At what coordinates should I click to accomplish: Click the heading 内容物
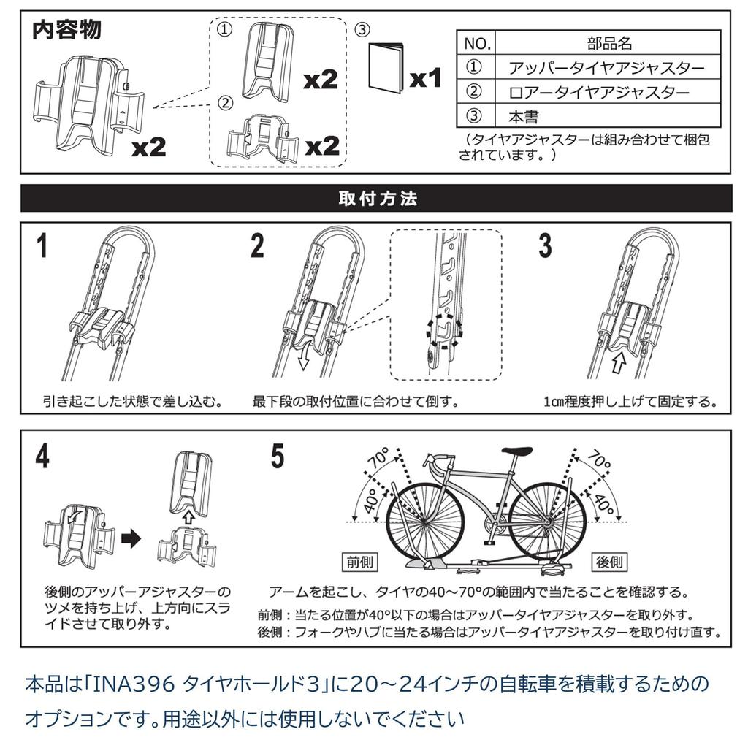[x=67, y=31]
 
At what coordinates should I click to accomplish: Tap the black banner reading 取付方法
[x=377, y=198]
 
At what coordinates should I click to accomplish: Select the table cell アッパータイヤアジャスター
[x=606, y=68]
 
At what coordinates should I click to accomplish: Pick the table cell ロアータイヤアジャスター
[x=598, y=92]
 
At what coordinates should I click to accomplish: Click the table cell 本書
[x=524, y=116]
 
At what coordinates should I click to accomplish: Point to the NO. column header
[x=476, y=43]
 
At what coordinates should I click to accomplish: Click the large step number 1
[x=43, y=246]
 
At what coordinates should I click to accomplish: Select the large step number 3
[x=545, y=246]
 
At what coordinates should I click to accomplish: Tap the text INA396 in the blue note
[x=132, y=685]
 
